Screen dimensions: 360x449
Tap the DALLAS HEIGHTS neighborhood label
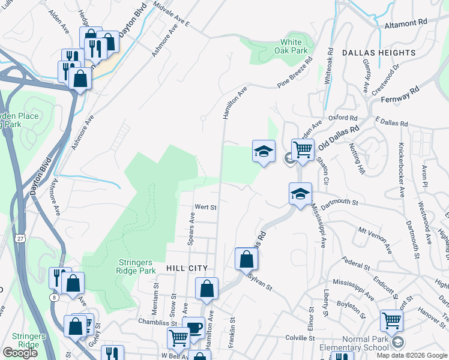(379, 53)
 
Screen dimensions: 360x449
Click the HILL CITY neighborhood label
(187, 268)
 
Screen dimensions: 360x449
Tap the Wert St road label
(205, 207)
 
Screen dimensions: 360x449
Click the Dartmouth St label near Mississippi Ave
(339, 204)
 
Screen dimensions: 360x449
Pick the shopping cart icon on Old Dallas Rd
(303, 149)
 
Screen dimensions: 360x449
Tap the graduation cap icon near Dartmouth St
(300, 193)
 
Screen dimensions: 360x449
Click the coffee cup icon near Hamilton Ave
(193, 328)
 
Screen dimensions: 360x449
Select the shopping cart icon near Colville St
(391, 320)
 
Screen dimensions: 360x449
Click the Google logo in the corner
(20, 353)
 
